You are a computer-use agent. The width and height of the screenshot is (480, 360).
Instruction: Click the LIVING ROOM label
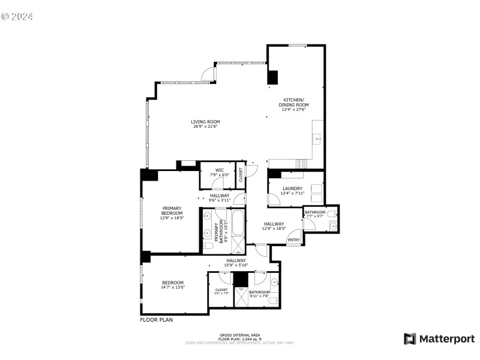[x=205, y=121]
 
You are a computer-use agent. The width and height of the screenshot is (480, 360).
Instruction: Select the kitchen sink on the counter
[x=317, y=139]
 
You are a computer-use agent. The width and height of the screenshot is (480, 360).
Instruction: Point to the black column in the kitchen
[x=273, y=77]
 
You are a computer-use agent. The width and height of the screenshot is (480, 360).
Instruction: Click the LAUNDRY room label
[x=292, y=188]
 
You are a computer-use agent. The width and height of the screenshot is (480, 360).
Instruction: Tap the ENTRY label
[x=293, y=240]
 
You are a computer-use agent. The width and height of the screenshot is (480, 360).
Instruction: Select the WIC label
[x=220, y=170]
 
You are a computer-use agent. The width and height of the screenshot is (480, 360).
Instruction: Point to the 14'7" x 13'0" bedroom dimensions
[x=172, y=287]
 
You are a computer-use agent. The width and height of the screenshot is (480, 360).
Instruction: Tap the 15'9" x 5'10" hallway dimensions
[x=236, y=265]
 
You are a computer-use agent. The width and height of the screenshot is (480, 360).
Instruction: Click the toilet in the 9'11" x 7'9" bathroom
[x=272, y=300]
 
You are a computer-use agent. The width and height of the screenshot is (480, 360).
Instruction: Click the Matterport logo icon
[x=410, y=338]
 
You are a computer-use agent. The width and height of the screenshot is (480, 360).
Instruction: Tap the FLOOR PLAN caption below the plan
[x=156, y=320]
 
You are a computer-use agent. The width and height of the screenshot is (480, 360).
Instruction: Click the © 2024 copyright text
[x=17, y=16]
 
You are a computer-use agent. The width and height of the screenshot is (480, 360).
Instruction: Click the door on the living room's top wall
[x=208, y=74]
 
